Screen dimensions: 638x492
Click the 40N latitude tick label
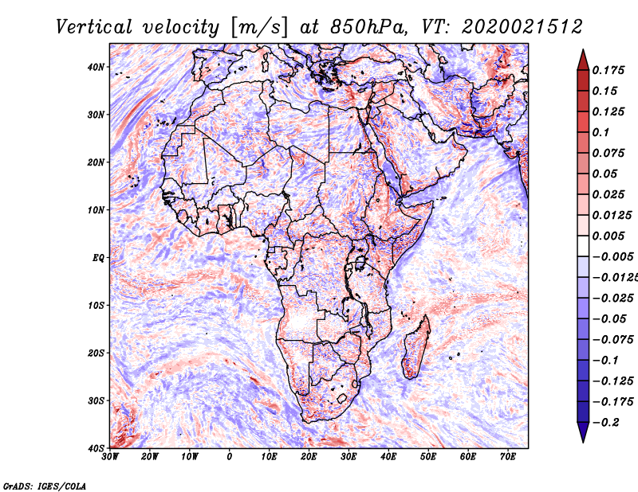[96, 67]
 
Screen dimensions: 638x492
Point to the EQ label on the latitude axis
[98, 258]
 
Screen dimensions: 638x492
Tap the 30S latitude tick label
[96, 401]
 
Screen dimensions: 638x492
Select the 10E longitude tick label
[269, 457]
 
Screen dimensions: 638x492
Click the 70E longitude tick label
[508, 457]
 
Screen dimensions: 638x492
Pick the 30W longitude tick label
[110, 457]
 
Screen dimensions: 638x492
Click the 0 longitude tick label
[230, 457]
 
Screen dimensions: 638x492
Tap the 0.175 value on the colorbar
[608, 70]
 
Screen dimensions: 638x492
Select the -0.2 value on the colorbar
[606, 423]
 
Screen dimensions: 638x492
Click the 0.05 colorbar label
[606, 174]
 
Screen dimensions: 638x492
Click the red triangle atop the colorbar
[583, 60]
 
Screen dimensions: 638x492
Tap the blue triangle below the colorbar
[583, 432]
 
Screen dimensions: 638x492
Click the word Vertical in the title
[94, 27]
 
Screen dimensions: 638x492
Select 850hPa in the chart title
[368, 27]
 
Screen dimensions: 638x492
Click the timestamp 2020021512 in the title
[522, 27]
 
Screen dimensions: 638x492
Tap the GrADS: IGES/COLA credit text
[45, 486]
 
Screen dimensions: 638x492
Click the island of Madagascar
[416, 347]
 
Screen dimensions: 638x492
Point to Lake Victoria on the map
[360, 263]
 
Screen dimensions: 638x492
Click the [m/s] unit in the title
[259, 28]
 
